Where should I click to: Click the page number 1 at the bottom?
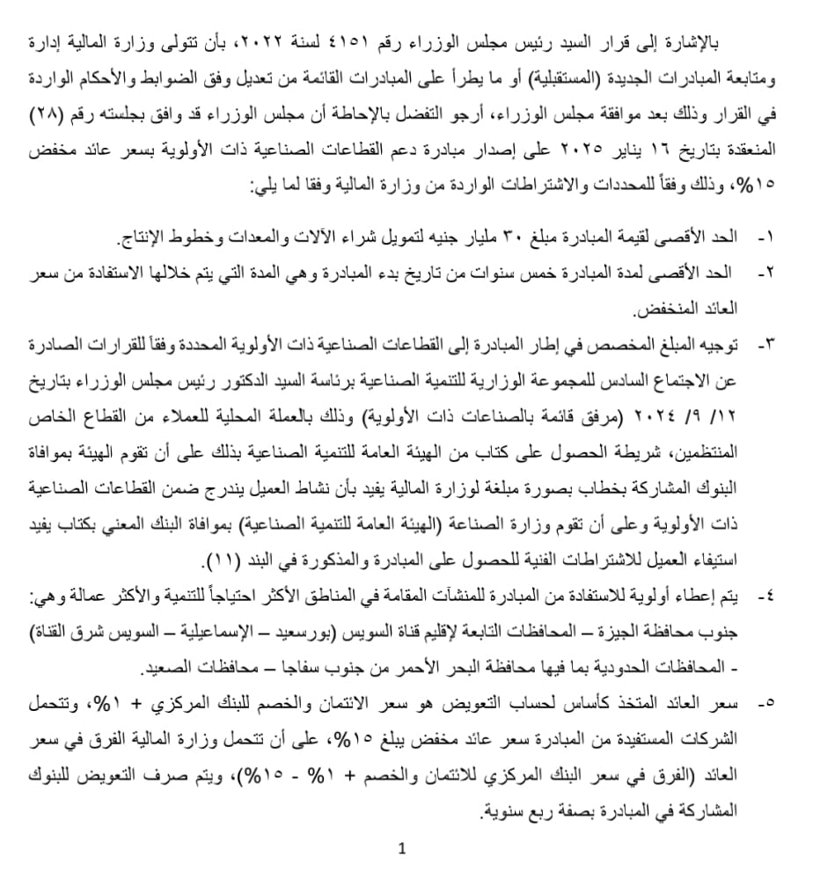(x=402, y=849)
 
